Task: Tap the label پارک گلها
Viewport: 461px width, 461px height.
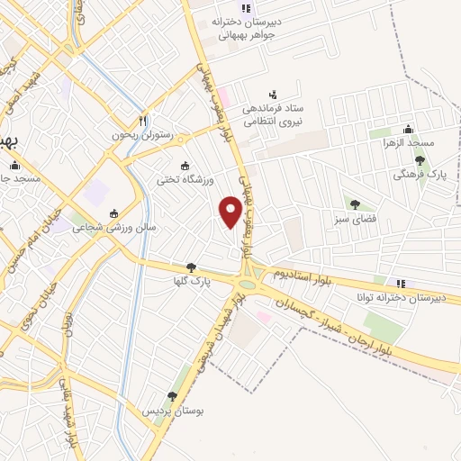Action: [x=191, y=281]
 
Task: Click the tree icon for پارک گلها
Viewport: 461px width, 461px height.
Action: [x=191, y=267]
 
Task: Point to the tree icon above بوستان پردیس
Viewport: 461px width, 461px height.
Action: [x=172, y=396]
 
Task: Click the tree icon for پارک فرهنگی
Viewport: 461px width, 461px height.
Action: [x=420, y=159]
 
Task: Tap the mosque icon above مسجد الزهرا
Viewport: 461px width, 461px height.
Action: [x=408, y=129]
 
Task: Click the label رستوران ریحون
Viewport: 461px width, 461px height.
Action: [x=148, y=134]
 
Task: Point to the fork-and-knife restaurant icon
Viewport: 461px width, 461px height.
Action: [x=142, y=120]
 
